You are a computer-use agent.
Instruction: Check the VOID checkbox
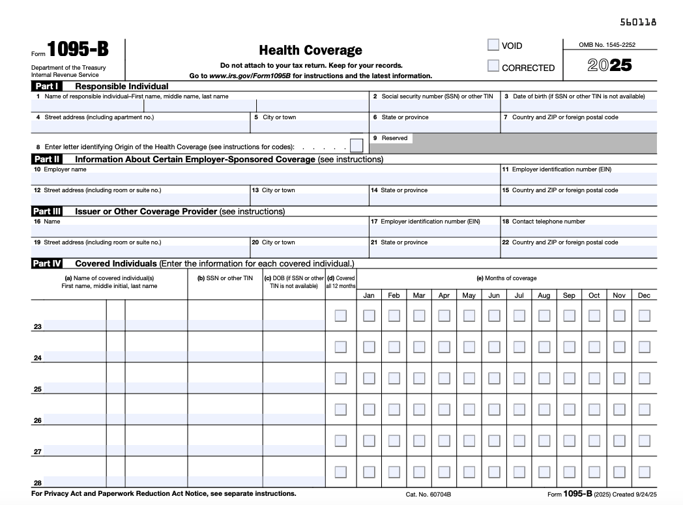493,45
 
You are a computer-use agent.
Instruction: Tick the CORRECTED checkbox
493,66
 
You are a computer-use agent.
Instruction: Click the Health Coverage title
310,50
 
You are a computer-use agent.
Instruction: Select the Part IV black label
47,264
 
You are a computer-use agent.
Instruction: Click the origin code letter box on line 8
356,146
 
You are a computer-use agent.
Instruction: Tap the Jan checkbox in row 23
369,315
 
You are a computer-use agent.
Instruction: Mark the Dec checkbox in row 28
645,472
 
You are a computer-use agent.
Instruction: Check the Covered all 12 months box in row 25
341,378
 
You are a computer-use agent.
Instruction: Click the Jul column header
519,295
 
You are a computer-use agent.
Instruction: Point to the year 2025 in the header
609,66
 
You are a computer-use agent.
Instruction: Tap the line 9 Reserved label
394,138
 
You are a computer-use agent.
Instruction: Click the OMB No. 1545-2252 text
607,45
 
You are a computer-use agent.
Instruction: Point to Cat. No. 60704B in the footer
428,495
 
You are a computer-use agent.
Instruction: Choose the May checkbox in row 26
469,409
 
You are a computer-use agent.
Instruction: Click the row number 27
37,452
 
